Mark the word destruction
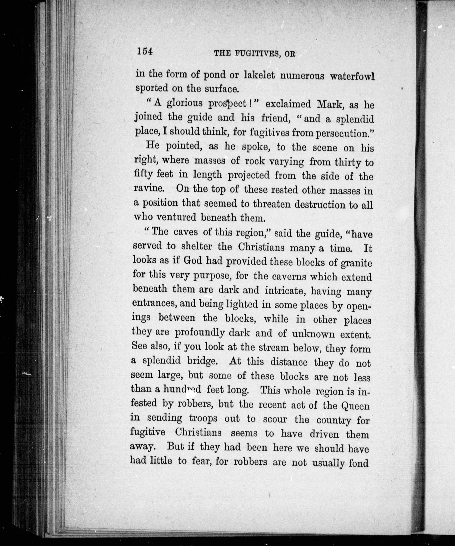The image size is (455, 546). pyautogui.click(x=320, y=204)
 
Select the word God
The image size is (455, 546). pyautogui.click(x=193, y=260)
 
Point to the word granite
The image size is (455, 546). pyautogui.click(x=356, y=263)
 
